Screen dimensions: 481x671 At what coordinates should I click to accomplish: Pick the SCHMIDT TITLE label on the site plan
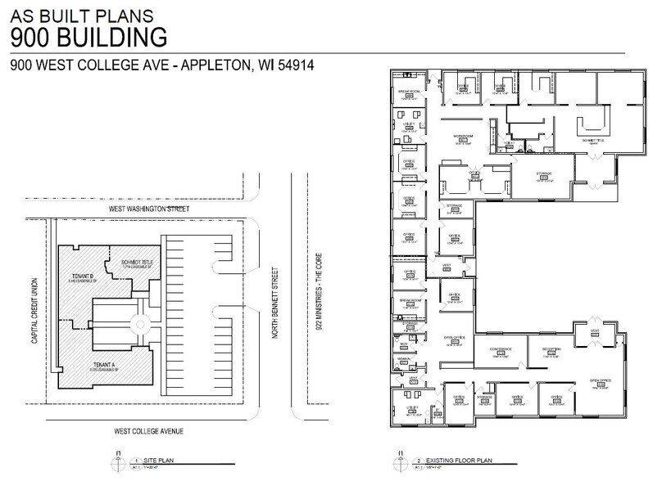pos(138,262)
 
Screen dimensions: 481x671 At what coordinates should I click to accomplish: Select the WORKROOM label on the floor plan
pos(463,135)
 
